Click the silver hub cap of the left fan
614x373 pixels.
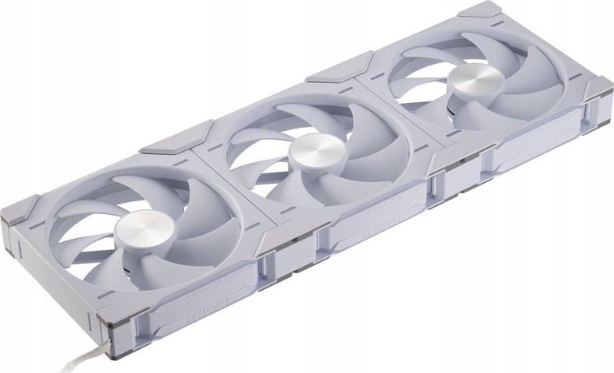pos(138,228)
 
